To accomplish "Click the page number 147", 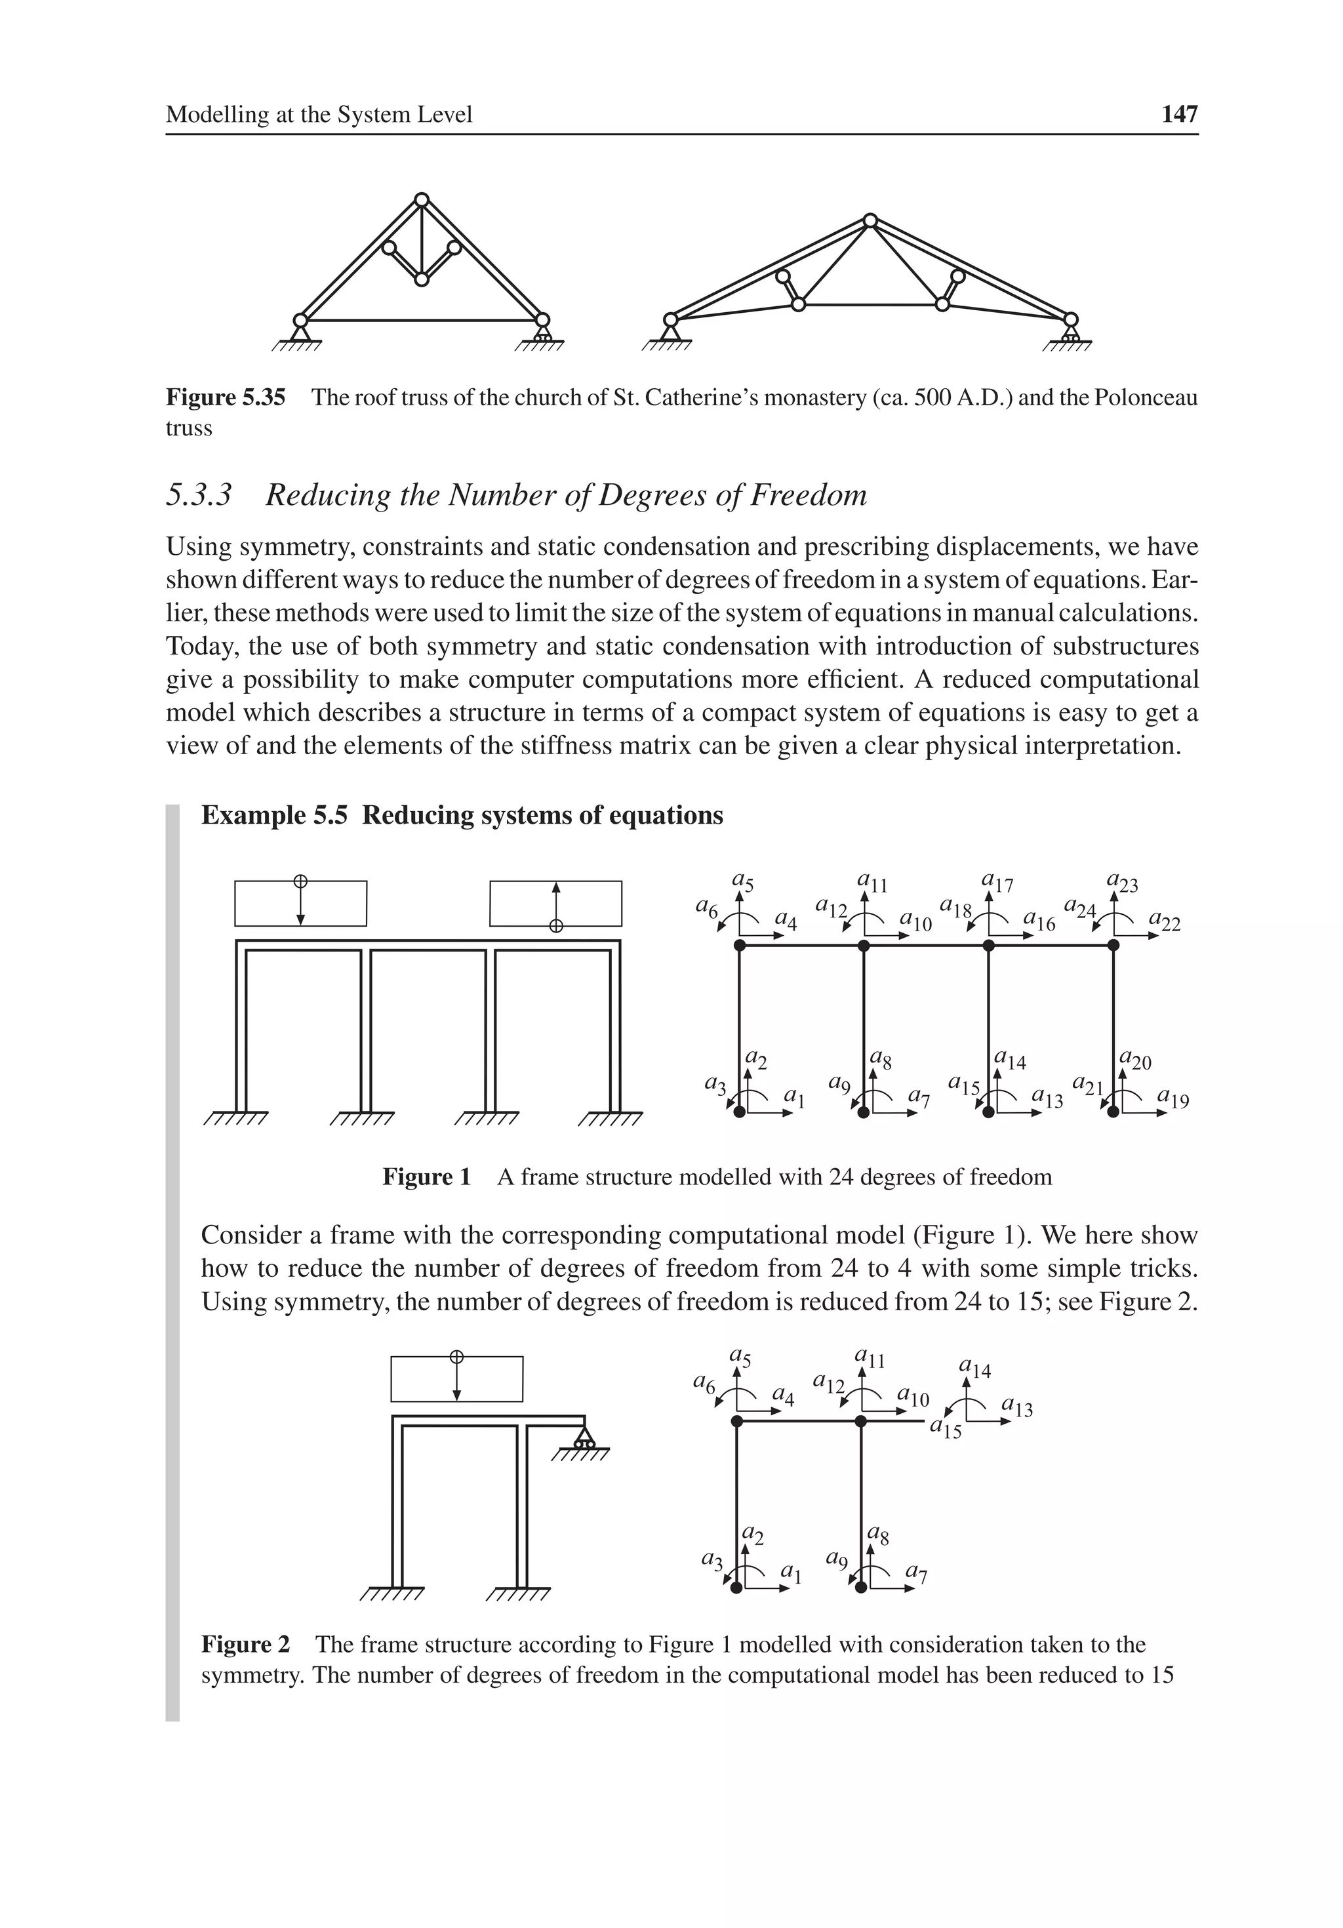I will [1178, 114].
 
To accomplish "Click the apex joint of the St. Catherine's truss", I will [422, 200].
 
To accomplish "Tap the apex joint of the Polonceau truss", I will [870, 221].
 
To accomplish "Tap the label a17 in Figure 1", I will [997, 883].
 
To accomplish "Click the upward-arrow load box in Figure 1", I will [555, 903].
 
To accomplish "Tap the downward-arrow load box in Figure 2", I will [456, 1379].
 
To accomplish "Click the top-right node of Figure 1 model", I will [1113, 946].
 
